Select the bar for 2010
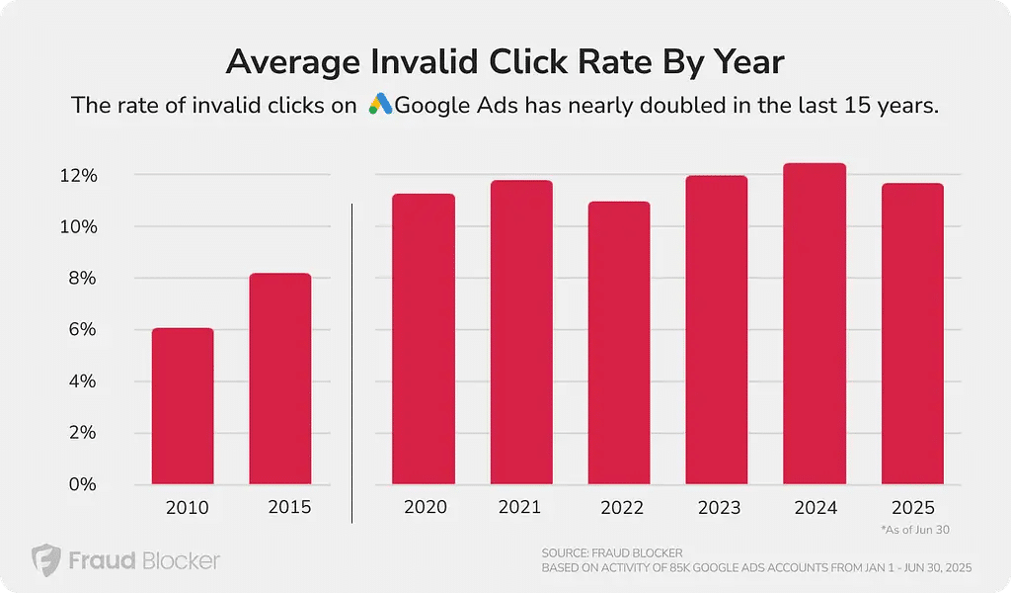coord(183,406)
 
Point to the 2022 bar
coord(619,343)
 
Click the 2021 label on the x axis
coord(519,507)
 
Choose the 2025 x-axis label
coord(912,507)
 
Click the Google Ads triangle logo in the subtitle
coord(380,105)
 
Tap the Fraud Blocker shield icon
coord(45,560)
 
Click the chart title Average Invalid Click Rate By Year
coord(505,62)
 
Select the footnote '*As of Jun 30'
coord(914,531)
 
